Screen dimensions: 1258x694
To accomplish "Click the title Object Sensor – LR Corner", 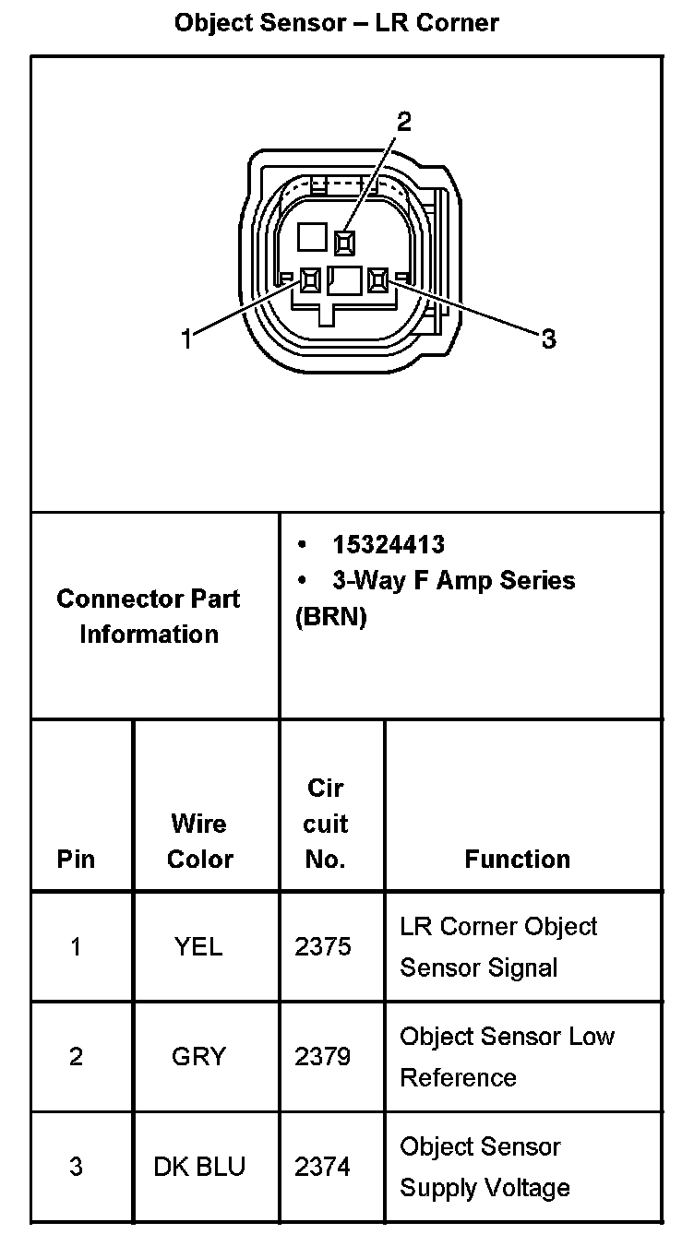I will (x=337, y=22).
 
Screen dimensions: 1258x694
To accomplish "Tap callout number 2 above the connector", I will (x=403, y=122).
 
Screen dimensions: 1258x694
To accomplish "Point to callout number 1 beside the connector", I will (x=186, y=339).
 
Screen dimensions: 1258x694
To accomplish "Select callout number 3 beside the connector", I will (x=548, y=339).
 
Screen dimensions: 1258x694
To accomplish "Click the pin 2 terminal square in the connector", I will (x=345, y=243).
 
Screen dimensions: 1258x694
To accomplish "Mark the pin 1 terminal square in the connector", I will (x=310, y=279).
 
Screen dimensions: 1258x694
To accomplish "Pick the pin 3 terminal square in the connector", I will (x=377, y=279).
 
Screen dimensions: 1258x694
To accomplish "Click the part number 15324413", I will (x=389, y=545).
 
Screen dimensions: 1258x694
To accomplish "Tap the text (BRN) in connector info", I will (x=330, y=617).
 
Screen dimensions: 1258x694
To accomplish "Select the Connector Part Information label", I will (x=149, y=616).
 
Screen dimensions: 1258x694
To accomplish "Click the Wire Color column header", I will (x=199, y=841).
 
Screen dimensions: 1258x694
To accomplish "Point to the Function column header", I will (x=517, y=860).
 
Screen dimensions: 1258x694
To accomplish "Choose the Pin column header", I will (x=77, y=860).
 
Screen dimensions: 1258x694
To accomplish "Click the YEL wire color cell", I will (x=198, y=946).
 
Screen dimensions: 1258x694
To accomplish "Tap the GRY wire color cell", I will (x=198, y=1056).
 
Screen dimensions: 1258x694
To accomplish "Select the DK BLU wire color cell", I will (x=199, y=1167).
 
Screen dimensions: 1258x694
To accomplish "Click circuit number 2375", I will (x=323, y=946).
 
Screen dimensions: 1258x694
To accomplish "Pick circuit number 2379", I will (x=323, y=1056).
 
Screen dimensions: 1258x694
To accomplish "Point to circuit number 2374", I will (x=323, y=1167).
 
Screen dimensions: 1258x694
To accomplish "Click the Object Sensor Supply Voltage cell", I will (x=485, y=1167).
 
